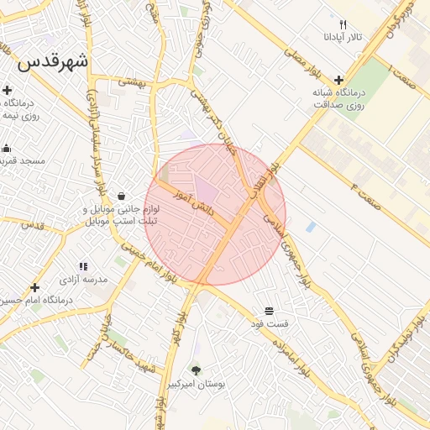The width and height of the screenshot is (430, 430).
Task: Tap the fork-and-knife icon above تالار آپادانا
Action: click(x=343, y=24)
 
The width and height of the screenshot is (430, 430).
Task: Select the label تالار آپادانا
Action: click(x=343, y=39)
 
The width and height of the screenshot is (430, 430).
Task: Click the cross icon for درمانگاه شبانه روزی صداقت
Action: click(x=338, y=80)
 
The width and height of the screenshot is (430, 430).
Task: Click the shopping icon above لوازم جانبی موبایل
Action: click(x=123, y=196)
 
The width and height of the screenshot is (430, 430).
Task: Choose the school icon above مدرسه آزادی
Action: click(x=82, y=266)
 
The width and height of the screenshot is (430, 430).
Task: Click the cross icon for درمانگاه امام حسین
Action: click(x=34, y=287)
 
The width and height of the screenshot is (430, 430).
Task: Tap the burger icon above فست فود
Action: click(x=269, y=312)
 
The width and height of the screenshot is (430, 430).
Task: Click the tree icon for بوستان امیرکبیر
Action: click(x=197, y=370)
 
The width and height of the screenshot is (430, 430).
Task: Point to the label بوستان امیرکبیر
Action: click(x=197, y=384)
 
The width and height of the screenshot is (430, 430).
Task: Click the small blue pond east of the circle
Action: click(x=312, y=228)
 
